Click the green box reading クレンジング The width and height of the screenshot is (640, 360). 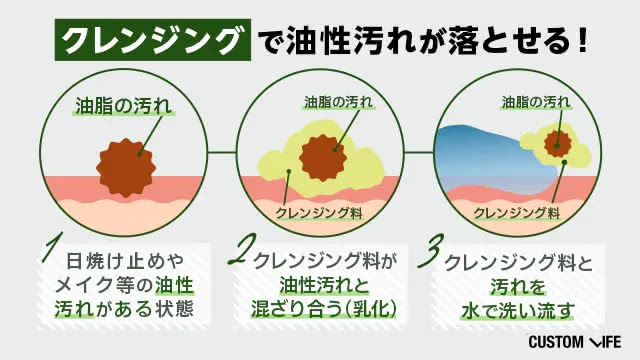coord(153,40)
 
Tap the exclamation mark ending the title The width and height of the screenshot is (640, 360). coord(582,40)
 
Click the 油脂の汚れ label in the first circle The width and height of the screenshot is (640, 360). coord(123,106)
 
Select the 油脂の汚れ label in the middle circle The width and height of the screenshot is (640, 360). coord(338,102)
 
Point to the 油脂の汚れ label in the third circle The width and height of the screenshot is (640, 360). coord(536,102)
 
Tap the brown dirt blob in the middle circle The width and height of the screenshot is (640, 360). coord(323,158)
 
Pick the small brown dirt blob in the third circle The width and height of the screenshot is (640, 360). coord(557,144)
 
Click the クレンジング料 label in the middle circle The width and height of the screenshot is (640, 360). coord(319,213)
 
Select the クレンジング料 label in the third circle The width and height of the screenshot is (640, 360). coord(516,213)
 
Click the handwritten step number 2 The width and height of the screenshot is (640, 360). coord(242,250)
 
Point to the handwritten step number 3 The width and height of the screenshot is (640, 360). coord(431,250)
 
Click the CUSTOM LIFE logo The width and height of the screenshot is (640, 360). coord(575,342)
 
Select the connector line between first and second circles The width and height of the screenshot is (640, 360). coord(222,152)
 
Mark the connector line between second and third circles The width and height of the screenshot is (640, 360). coord(419,152)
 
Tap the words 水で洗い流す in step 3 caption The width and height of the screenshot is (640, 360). coord(518,311)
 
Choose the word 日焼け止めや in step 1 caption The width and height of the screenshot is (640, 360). coord(125,261)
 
